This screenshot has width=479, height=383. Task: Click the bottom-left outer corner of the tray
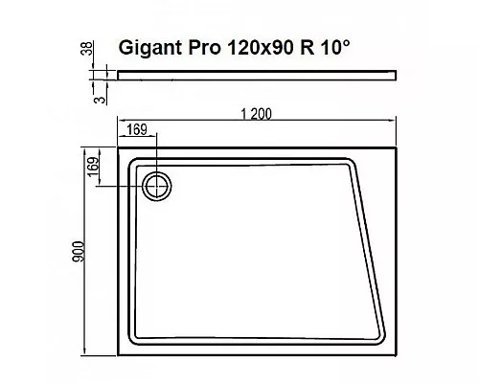116,358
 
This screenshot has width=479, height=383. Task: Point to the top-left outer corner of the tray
116,146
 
